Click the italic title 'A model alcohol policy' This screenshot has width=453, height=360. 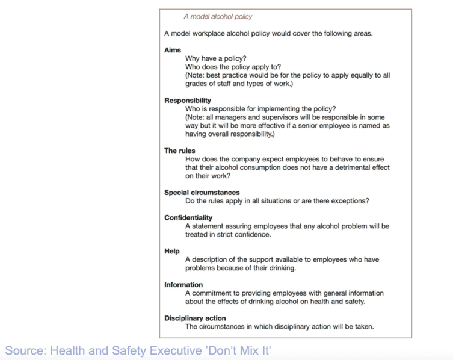(x=218, y=17)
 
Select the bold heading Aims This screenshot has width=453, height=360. (x=173, y=50)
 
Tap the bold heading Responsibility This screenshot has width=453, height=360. (x=188, y=101)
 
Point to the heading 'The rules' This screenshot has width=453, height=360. (x=180, y=151)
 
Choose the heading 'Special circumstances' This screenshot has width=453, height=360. (x=202, y=193)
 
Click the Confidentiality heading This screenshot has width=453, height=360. (x=188, y=218)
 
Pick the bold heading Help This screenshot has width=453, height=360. (x=172, y=251)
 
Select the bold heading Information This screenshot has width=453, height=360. (x=183, y=285)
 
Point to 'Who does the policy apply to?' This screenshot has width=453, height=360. (x=233, y=67)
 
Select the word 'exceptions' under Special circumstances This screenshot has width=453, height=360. (x=347, y=200)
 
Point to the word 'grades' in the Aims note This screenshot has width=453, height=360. (x=197, y=84)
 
